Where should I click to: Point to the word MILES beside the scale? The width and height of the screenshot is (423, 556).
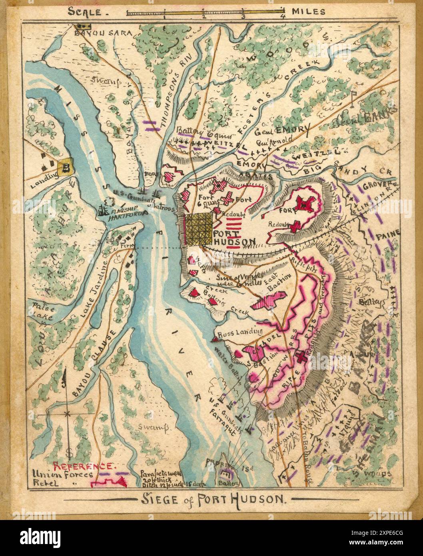(308, 12)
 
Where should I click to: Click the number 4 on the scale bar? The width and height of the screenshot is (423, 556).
(283, 17)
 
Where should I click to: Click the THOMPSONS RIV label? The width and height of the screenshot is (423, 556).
(175, 95)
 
